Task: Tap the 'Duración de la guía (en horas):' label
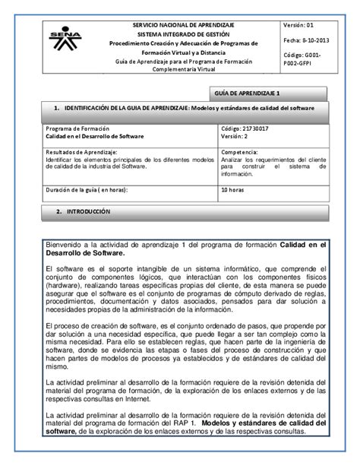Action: (84, 189)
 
